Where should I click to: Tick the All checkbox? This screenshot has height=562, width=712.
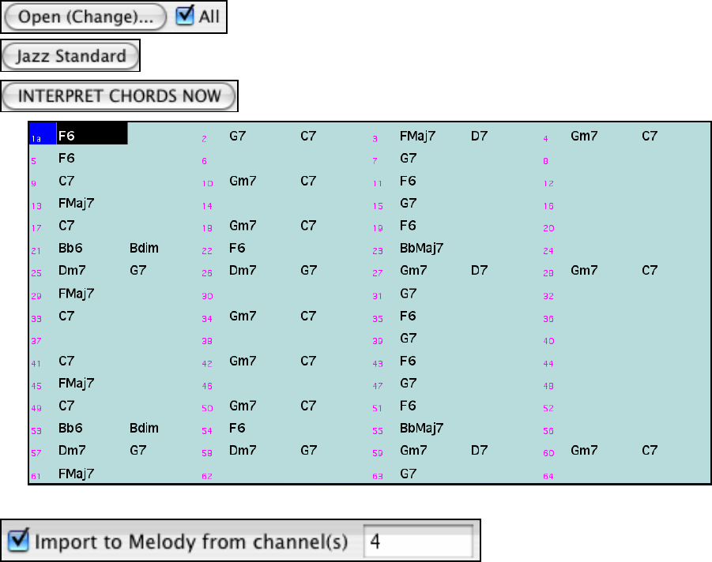[185, 16]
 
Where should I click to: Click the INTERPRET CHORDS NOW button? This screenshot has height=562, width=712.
[119, 96]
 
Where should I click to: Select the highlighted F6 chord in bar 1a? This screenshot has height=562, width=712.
[67, 136]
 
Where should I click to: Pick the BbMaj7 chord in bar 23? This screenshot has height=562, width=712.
[422, 249]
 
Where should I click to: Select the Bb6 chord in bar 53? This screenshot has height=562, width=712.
[70, 429]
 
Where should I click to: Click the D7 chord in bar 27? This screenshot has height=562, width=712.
[479, 271]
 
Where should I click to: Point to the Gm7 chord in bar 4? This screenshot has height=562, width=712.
[584, 136]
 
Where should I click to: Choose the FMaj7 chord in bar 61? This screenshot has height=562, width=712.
[77, 474]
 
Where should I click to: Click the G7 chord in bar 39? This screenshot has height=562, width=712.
[408, 339]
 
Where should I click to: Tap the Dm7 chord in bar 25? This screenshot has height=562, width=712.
[72, 271]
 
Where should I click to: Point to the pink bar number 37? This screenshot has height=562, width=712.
[36, 341]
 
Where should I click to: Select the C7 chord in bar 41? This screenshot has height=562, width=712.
[67, 361]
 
